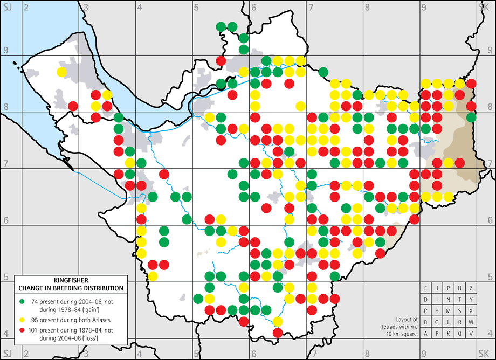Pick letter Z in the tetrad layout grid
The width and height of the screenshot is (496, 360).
pyautogui.click(x=471, y=288)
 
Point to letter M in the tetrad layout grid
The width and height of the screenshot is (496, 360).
pyautogui.click(x=449, y=311)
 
